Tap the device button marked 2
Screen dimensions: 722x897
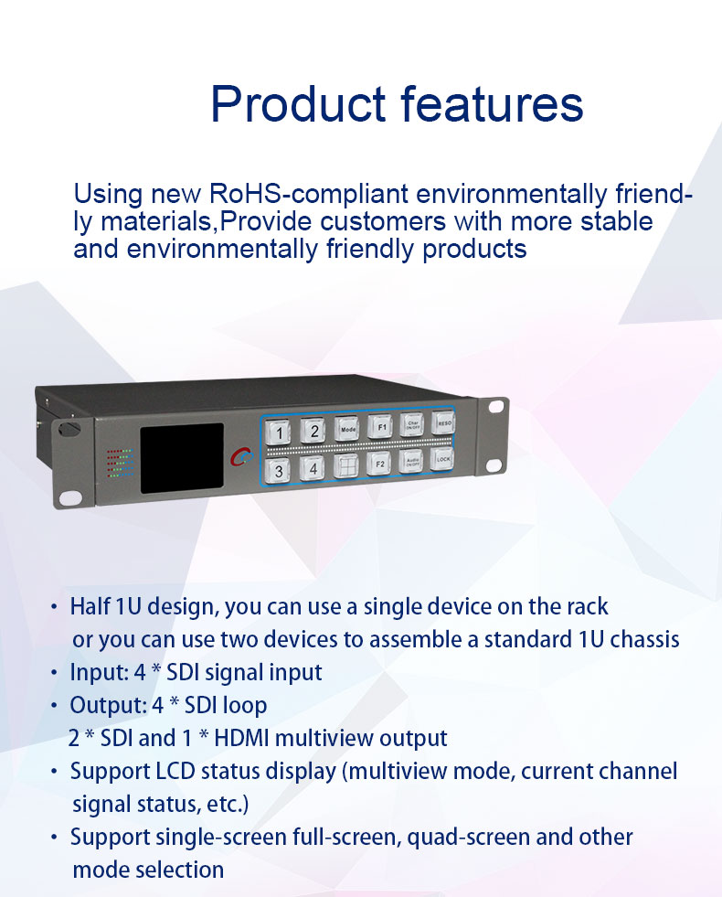[313, 431]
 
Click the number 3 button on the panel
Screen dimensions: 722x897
[278, 470]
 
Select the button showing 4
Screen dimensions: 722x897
[313, 468]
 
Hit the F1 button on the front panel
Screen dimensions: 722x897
[380, 427]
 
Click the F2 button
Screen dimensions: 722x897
[379, 464]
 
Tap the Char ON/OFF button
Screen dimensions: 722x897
[411, 424]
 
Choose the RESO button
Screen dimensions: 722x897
[443, 422]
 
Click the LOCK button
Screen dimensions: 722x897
[442, 459]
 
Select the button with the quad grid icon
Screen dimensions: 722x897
[345, 465]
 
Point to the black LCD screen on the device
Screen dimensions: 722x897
[182, 458]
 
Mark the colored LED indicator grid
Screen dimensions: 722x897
[120, 463]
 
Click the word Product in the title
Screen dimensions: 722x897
[299, 103]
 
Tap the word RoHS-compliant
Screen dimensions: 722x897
[309, 195]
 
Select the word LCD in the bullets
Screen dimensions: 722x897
[175, 771]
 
